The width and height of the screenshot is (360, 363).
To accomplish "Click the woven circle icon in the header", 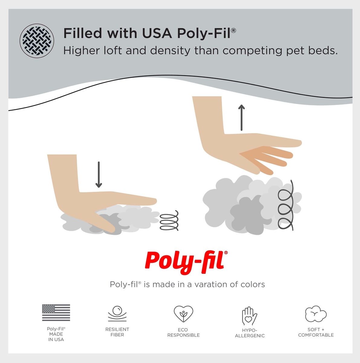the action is (37, 41).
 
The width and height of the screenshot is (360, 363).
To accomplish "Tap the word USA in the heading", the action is (157, 33).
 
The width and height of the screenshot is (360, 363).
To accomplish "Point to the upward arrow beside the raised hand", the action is (242, 118).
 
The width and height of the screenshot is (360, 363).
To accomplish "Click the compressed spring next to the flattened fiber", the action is (169, 221).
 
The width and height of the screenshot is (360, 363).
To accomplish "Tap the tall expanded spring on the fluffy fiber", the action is (286, 205).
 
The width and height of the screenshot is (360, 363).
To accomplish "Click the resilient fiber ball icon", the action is (117, 314).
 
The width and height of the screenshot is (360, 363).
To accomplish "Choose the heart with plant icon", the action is (183, 314).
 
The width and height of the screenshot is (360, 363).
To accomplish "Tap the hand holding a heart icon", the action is (249, 316).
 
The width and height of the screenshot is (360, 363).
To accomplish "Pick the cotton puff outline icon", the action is (316, 314).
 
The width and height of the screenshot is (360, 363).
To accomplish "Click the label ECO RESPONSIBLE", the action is (183, 332).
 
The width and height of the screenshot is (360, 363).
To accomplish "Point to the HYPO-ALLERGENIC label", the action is (250, 333).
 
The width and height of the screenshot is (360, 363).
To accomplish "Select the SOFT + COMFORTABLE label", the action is (316, 332).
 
